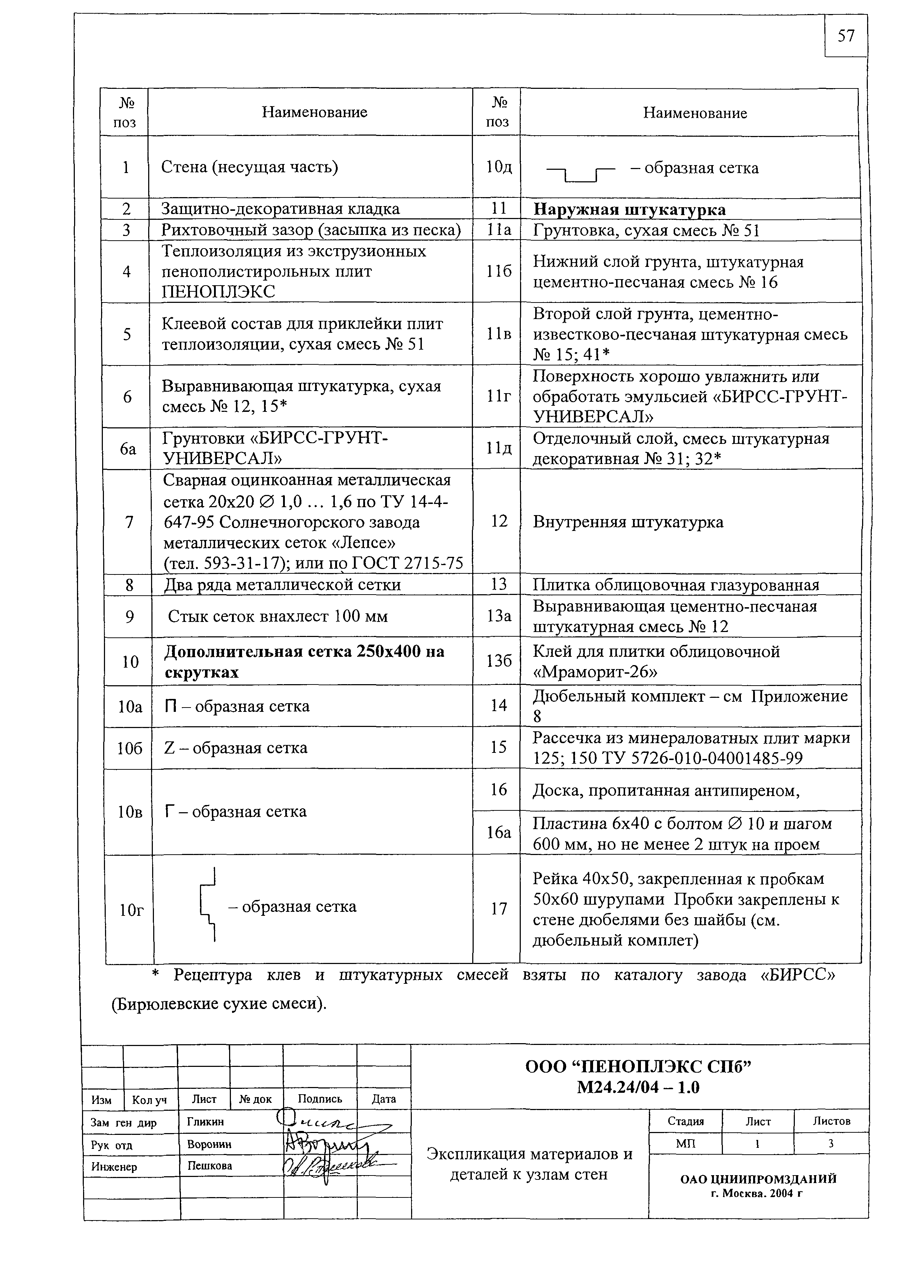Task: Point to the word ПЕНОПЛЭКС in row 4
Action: (218, 291)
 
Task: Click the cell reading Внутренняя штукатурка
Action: (628, 522)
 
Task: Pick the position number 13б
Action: (498, 661)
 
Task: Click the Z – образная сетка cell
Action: (236, 747)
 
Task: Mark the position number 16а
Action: (498, 832)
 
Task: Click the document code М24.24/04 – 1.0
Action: (639, 1087)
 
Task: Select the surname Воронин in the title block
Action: (209, 1144)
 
